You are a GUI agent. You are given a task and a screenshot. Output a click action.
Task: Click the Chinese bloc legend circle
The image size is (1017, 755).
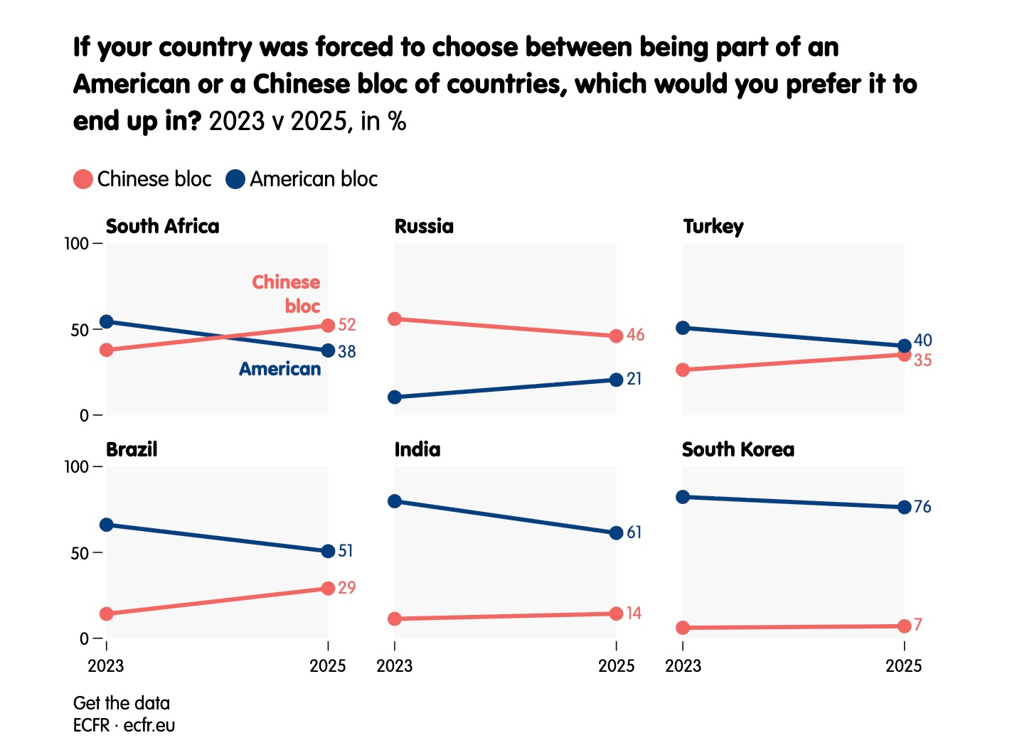[83, 179]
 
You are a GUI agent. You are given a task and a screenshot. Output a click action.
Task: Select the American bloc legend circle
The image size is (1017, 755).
[235, 179]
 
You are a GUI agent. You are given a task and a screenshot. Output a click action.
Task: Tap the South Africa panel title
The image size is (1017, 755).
[162, 226]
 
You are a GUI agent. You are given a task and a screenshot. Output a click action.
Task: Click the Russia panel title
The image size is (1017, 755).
[424, 226]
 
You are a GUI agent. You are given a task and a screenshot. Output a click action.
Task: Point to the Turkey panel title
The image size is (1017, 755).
[713, 226]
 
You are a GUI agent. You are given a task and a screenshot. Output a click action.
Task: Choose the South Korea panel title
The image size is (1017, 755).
[738, 449]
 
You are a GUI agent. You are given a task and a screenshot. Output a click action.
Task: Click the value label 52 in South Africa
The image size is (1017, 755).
[347, 325]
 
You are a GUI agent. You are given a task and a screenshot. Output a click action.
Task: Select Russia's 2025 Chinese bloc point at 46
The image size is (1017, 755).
[616, 336]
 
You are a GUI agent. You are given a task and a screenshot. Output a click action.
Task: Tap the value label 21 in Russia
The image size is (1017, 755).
[634, 379]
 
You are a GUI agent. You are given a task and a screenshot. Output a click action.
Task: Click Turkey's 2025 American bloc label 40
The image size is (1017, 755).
[923, 341]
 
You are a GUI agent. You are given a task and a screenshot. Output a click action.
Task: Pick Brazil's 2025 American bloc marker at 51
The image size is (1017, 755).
[328, 551]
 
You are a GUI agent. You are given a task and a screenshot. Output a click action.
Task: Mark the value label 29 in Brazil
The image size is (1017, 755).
[347, 588]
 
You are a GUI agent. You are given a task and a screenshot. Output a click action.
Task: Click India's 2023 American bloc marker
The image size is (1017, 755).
[395, 501]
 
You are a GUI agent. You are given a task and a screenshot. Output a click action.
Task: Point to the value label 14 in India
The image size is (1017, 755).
[634, 613]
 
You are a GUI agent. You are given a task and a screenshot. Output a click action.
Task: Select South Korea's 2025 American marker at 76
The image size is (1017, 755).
[904, 507]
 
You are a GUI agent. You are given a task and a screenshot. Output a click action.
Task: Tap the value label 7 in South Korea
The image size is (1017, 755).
[918, 625]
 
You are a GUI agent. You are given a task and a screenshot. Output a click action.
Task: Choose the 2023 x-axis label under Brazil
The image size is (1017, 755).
[106, 666]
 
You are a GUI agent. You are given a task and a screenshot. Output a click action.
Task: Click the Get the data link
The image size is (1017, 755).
[122, 703]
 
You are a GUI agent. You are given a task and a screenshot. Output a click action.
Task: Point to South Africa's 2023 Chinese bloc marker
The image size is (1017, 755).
[107, 350]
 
